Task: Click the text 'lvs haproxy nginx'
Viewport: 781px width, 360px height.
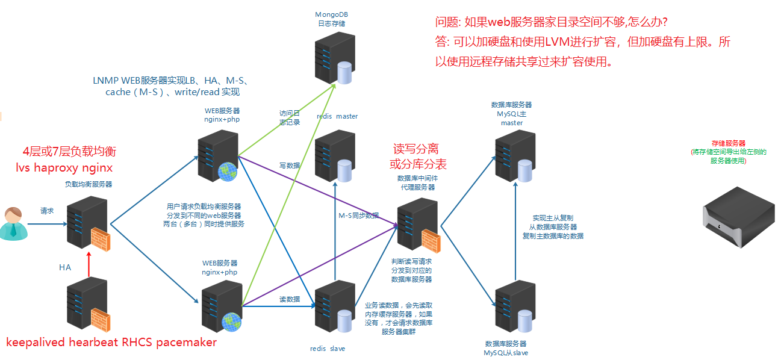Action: pyautogui.click(x=64, y=167)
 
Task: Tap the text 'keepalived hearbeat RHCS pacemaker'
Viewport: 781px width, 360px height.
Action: pyautogui.click(x=111, y=343)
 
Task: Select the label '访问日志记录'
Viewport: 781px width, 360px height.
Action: pyautogui.click(x=289, y=117)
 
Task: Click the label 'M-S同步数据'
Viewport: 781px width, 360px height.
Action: pyautogui.click(x=359, y=216)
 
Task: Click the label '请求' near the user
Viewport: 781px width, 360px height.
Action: pyautogui.click(x=47, y=211)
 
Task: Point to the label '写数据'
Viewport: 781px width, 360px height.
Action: pyautogui.click(x=289, y=165)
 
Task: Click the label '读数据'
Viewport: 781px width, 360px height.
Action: pyautogui.click(x=289, y=299)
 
